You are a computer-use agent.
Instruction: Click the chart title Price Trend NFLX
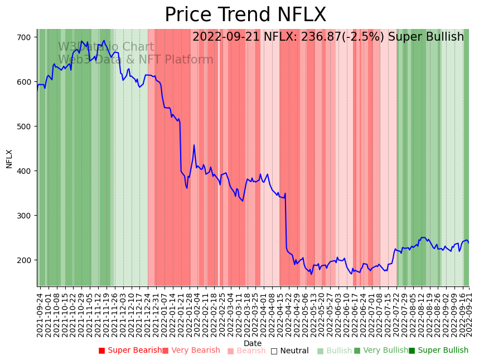coord(245,15)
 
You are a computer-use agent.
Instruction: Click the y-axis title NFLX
coord(9,158)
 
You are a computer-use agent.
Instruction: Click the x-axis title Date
coord(253,343)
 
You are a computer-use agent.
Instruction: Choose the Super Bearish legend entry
coord(134,351)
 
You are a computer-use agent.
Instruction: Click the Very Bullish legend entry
coord(385,351)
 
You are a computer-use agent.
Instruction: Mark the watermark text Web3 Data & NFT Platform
coord(136,60)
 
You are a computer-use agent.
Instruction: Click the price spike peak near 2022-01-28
coord(194,145)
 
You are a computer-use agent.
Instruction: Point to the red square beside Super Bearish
coord(101,351)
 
